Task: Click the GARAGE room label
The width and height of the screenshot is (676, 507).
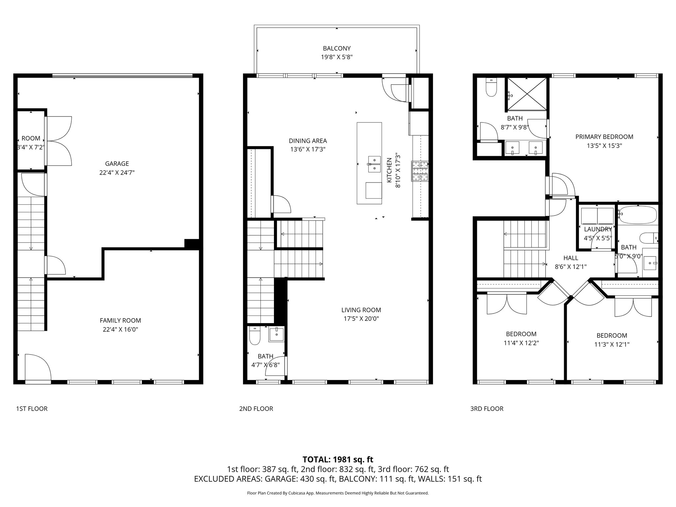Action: [117, 164]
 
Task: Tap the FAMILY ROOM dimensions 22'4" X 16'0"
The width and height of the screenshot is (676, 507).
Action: [120, 329]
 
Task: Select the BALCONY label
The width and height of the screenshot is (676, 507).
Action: [337, 49]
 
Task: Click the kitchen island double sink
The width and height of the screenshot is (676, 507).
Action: [374, 164]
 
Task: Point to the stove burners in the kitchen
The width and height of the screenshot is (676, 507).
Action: [420, 171]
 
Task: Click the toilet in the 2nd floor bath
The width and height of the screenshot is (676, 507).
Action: [254, 336]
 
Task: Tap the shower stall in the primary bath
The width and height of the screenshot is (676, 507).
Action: [526, 94]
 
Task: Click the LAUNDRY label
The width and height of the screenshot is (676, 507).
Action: [598, 229]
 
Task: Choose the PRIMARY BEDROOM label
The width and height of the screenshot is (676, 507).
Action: [604, 137]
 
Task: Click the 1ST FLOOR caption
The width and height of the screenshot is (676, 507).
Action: [32, 409]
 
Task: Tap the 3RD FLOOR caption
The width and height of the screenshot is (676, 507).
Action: [487, 409]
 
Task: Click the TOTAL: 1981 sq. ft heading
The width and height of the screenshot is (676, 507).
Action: [338, 459]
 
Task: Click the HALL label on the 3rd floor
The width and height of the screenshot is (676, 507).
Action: [571, 258]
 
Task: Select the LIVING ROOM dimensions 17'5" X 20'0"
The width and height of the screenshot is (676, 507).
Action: [361, 319]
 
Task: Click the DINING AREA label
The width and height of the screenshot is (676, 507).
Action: [308, 141]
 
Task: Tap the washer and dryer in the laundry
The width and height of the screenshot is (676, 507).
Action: [597, 215]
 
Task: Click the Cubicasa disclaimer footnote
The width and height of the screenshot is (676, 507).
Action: [338, 493]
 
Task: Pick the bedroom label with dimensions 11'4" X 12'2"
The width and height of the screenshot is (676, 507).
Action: [521, 334]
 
